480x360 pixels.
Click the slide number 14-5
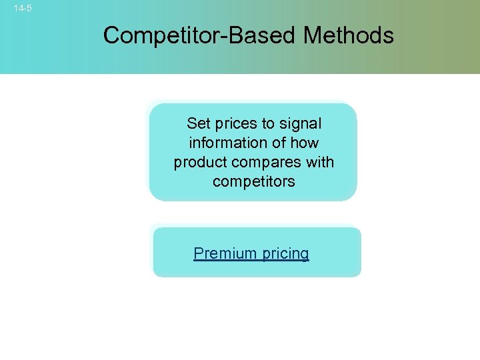tap(23, 9)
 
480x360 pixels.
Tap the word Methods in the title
tap(349, 35)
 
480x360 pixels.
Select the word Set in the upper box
tap(198, 123)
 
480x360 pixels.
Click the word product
tap(199, 162)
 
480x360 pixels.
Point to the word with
tap(320, 162)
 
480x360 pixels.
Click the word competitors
tap(253, 181)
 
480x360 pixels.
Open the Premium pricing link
tap(251, 253)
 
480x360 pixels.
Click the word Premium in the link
tap(225, 253)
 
